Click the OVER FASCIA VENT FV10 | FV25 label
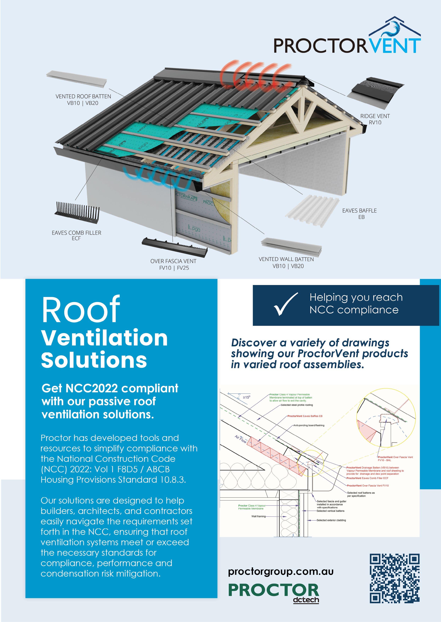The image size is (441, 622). tap(173, 264)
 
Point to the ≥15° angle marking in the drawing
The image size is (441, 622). tap(246, 397)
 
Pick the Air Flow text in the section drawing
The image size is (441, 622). tap(241, 439)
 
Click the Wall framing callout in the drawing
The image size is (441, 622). tap(258, 516)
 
